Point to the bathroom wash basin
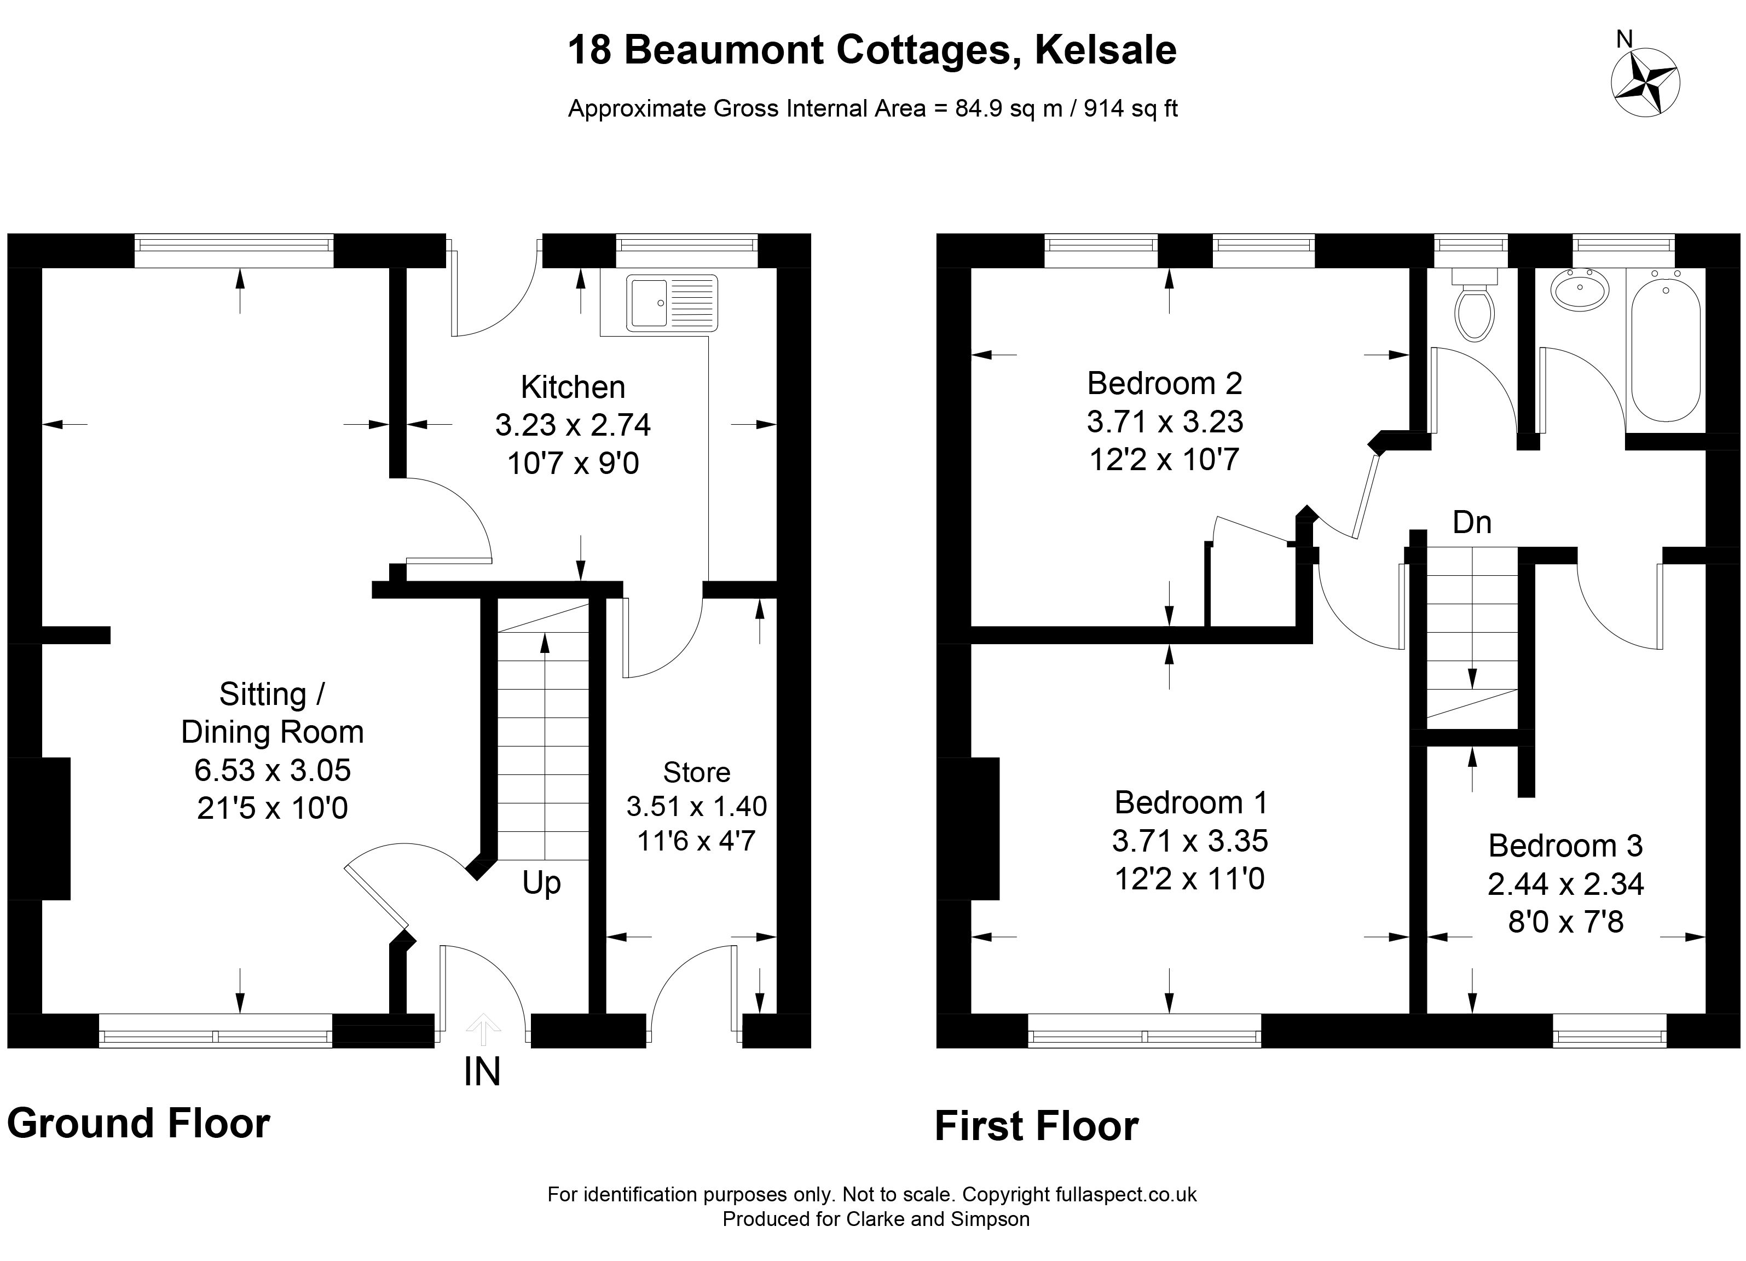tap(1580, 290)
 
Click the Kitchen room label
tap(573, 387)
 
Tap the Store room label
tap(697, 772)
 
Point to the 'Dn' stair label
tap(1472, 522)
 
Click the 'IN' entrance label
tap(482, 1072)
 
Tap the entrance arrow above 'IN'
tap(483, 1030)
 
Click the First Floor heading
tap(1036, 1126)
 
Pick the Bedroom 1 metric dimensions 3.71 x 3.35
tap(1189, 841)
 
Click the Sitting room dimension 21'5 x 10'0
tap(273, 808)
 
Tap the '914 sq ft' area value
tap(1131, 108)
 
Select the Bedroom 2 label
tap(1165, 383)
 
